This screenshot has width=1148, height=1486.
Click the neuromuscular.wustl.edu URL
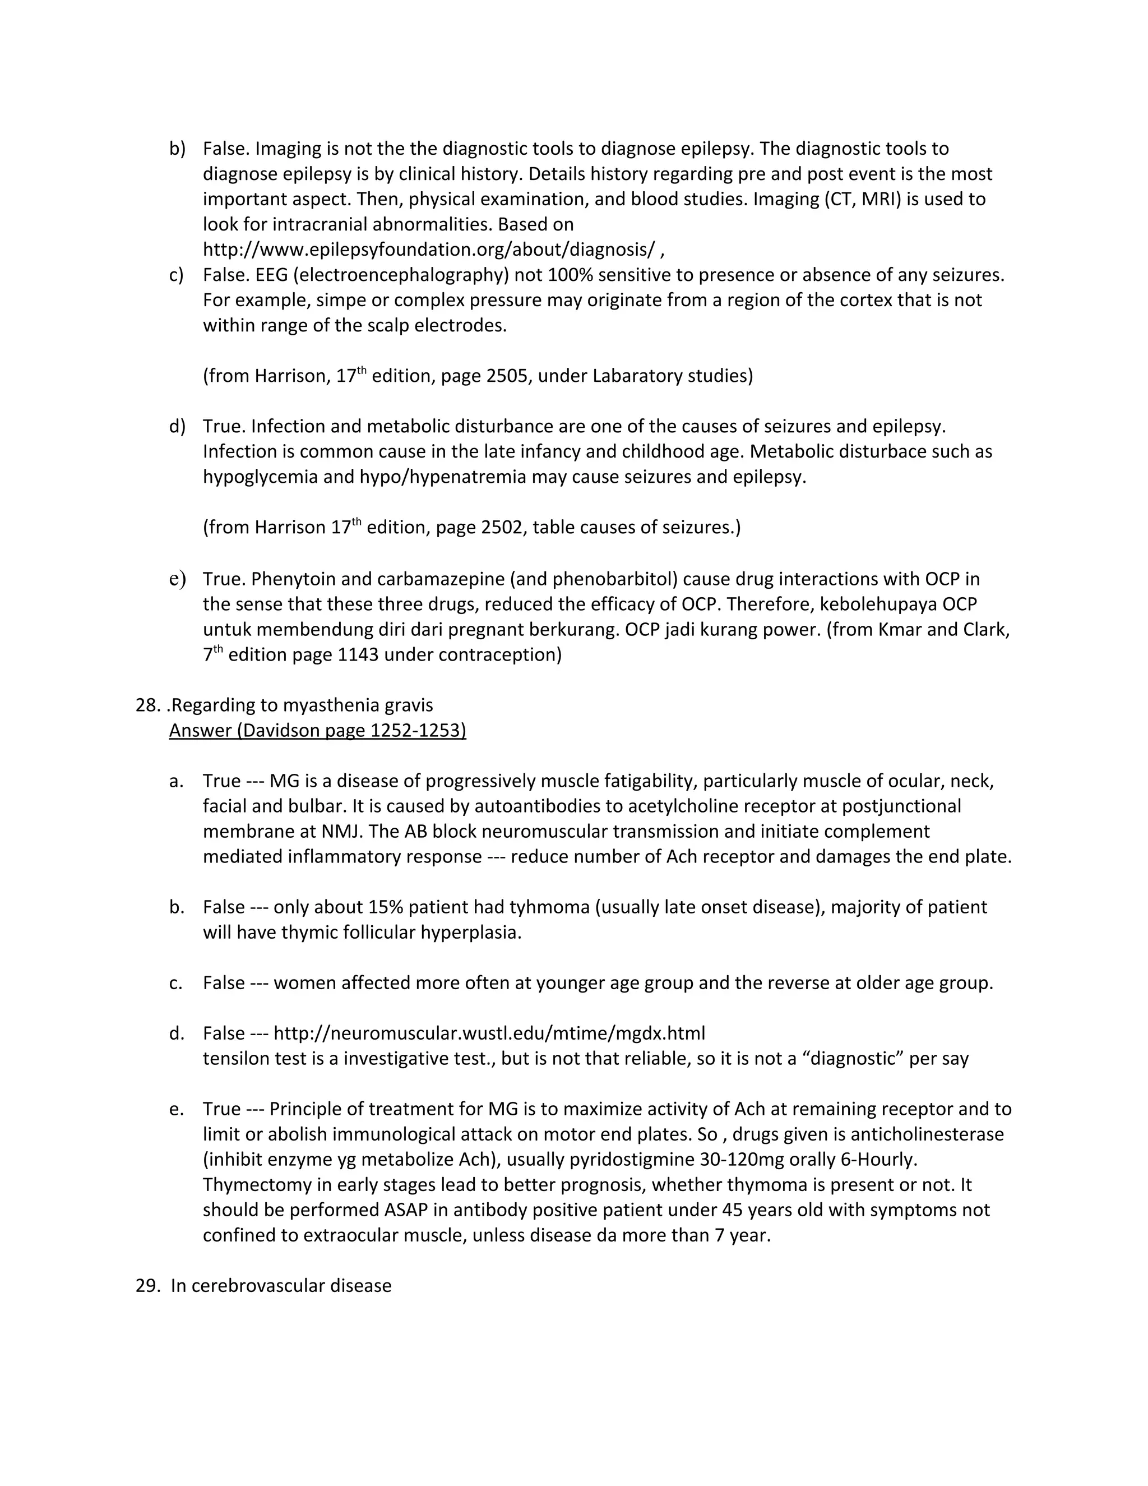coord(489,1033)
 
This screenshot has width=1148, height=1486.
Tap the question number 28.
coord(147,705)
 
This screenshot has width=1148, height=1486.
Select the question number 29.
coord(147,1285)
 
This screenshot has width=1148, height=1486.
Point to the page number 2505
coord(507,376)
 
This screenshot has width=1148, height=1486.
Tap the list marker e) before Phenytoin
coord(177,579)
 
